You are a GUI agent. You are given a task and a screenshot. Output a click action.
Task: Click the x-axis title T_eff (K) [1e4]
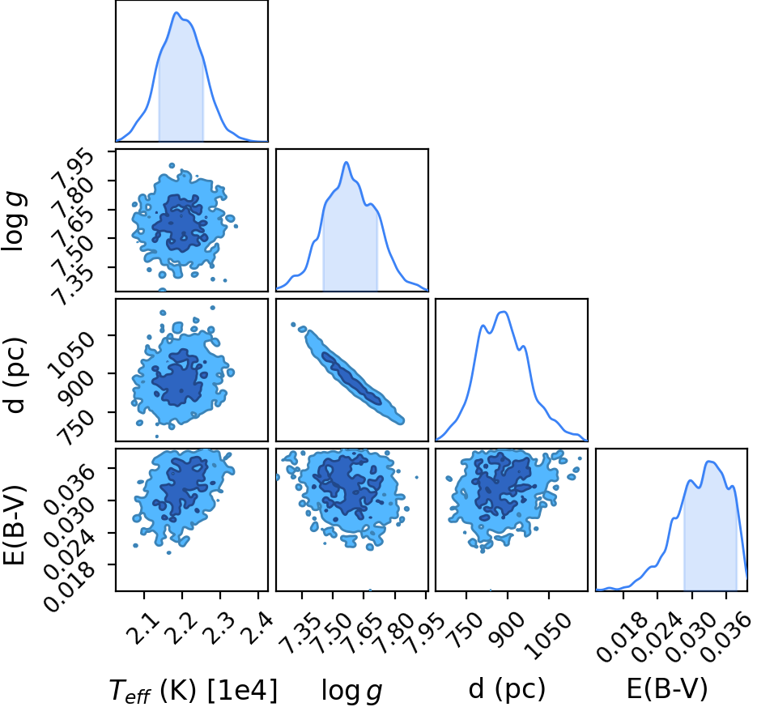194,690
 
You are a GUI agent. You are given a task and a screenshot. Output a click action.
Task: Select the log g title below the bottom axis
352,691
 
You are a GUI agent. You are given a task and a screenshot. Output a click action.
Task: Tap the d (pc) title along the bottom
507,689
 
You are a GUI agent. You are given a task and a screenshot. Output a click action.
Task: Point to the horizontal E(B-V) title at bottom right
666,688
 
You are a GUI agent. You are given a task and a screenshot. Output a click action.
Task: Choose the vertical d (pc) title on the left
15,375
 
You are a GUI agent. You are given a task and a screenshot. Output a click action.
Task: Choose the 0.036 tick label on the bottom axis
726,638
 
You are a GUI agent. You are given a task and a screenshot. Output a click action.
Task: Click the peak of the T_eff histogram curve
176,12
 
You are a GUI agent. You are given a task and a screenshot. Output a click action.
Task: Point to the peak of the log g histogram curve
346,162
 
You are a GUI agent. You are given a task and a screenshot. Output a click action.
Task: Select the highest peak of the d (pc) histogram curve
504,312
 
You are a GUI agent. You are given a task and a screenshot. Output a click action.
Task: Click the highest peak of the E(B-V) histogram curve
708,462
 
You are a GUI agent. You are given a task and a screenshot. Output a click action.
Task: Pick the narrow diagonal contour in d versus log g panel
347,375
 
